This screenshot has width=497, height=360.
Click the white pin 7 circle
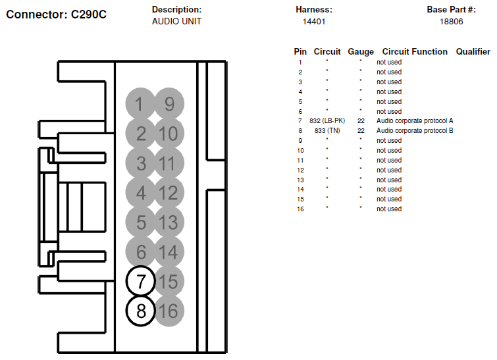coord(140,281)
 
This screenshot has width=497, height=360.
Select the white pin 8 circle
coord(140,311)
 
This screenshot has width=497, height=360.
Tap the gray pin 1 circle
coord(140,103)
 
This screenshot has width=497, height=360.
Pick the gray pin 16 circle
coord(169,311)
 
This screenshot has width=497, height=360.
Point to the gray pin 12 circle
coord(169,192)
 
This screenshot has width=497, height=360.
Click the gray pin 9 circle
coord(169,103)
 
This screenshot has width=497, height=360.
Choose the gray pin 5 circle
coord(140,222)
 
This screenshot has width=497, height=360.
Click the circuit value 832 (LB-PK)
coord(327,120)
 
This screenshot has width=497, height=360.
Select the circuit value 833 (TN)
coord(327,130)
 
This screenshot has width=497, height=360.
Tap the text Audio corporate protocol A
coord(415,120)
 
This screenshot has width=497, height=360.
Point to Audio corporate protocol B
coord(415,130)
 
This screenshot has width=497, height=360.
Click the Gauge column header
coord(361,51)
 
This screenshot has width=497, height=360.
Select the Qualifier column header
coord(473,51)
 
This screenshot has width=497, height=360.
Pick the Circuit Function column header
coord(415,51)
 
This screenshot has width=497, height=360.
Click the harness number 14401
coord(314,22)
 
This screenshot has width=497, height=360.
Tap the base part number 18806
coord(451,22)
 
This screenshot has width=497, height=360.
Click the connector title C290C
coord(88,14)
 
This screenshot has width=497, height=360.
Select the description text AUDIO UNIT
coord(176,21)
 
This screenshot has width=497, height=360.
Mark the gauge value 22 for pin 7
coord(361,120)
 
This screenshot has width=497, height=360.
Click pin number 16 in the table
coord(300,209)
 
